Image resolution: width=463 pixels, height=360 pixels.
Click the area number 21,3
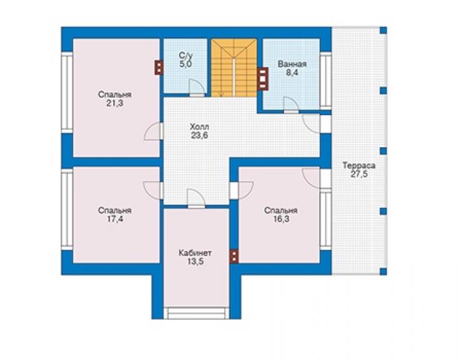[115, 103]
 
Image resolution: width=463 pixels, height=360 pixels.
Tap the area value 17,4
[115, 219]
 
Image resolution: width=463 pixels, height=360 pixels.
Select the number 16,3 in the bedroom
[281, 219]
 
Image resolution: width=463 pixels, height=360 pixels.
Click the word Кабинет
[195, 254]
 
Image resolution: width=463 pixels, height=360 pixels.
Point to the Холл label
[200, 127]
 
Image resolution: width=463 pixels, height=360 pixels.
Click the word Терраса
[359, 165]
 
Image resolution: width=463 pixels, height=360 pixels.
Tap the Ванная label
[292, 64]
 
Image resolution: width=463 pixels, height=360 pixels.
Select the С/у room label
[186, 55]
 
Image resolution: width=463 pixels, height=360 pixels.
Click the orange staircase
[233, 68]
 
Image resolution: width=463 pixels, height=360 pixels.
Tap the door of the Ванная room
[292, 105]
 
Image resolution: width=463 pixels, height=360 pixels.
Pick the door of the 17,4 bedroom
[153, 190]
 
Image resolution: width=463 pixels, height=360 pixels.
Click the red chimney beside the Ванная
[263, 78]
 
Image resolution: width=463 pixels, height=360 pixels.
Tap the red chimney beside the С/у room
[159, 68]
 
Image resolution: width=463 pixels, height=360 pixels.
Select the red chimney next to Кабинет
[234, 256]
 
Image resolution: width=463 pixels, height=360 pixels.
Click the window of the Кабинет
[196, 313]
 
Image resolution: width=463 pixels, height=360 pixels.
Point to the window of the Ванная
[326, 81]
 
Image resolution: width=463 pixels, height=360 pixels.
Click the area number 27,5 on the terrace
[359, 174]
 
